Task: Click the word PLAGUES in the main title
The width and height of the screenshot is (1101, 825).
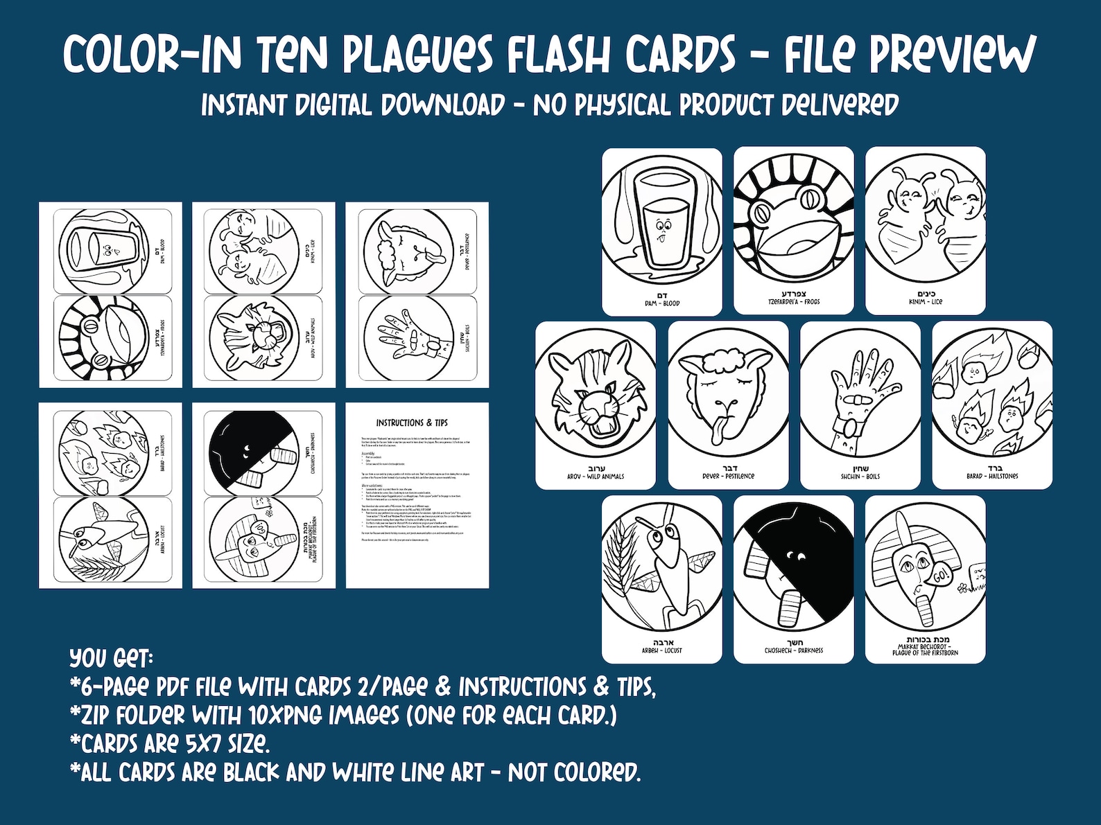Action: click(x=417, y=54)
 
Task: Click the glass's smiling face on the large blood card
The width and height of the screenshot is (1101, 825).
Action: click(x=663, y=229)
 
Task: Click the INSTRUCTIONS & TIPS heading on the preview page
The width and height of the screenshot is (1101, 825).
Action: click(x=412, y=423)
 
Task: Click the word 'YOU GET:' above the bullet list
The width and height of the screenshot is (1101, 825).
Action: click(x=111, y=657)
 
